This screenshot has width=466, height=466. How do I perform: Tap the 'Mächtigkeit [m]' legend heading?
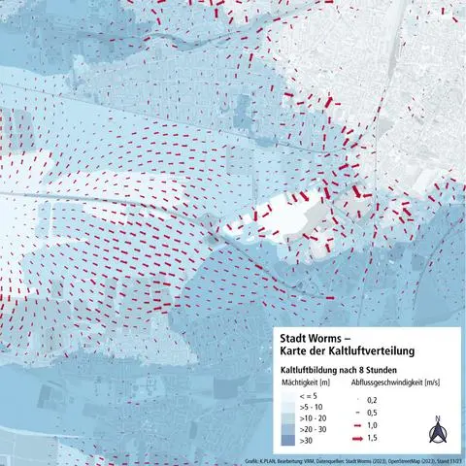(x=301, y=383)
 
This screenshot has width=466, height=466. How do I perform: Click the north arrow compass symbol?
(x=438, y=434)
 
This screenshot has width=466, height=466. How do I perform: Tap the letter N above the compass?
(x=438, y=419)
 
